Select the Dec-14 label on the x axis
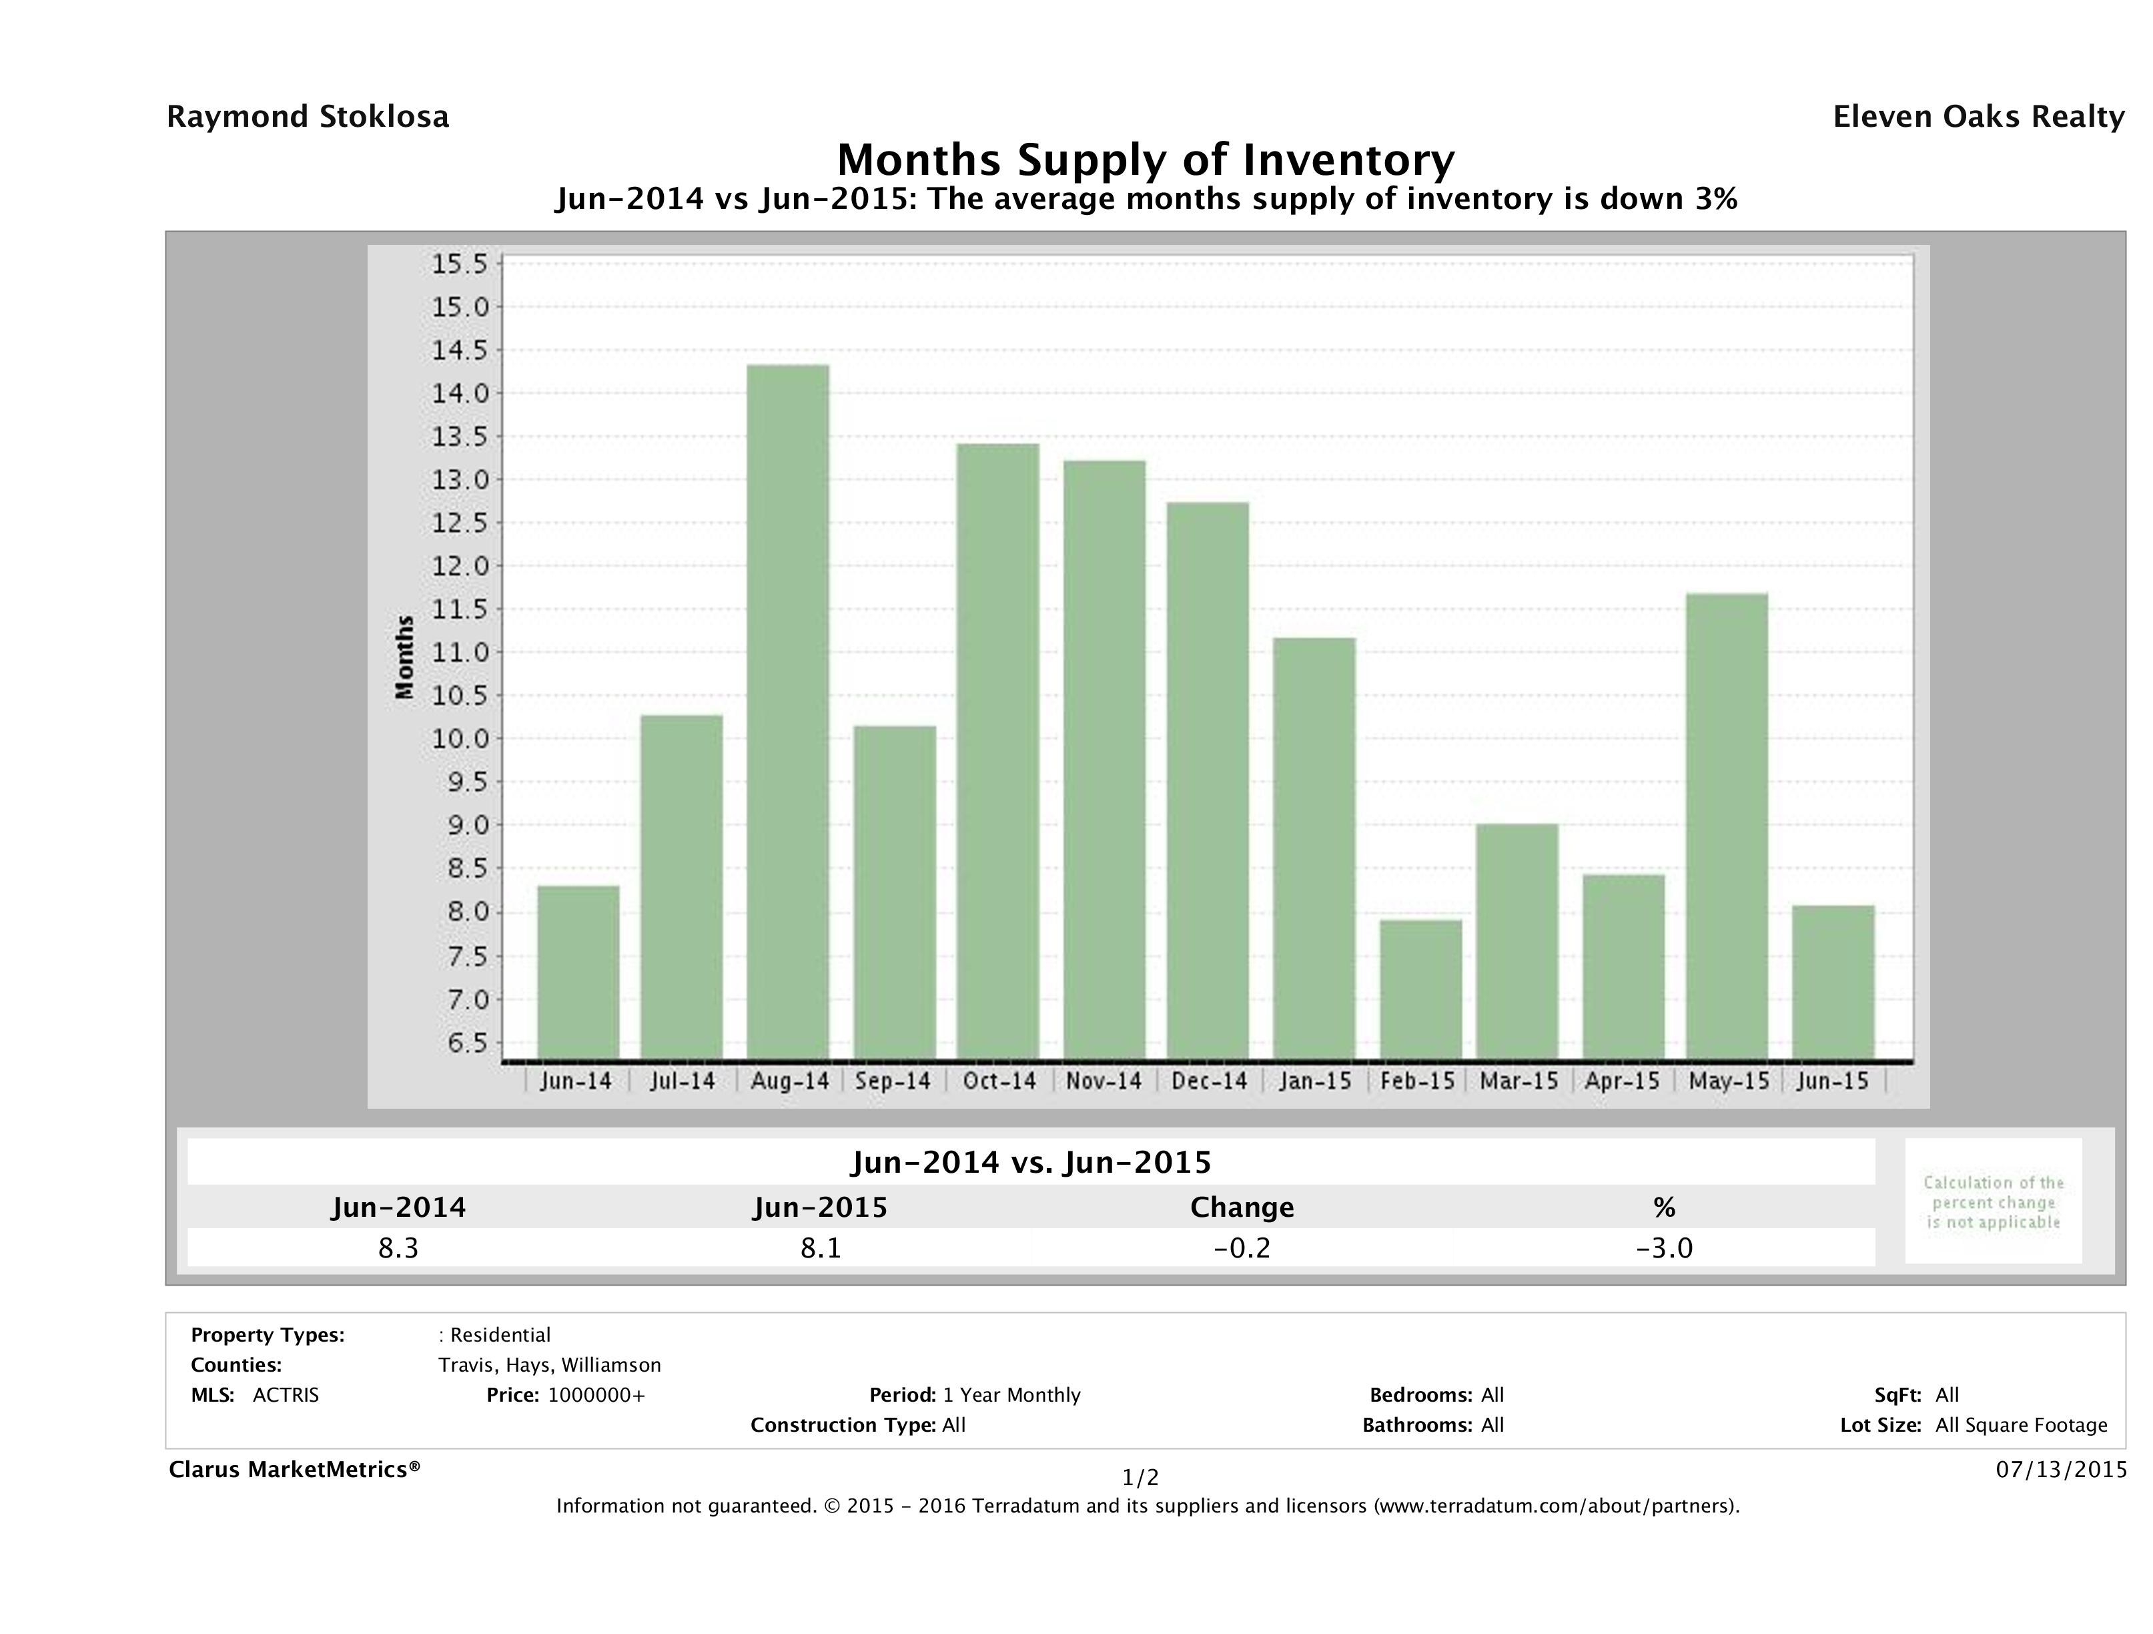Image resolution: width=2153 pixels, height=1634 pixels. point(1209,1081)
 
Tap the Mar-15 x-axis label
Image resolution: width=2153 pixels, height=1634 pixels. point(1519,1081)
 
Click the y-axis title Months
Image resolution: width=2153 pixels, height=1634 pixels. point(405,657)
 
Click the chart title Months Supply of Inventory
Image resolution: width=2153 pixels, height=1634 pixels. point(1146,160)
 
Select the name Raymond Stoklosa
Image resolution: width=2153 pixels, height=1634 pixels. point(308,117)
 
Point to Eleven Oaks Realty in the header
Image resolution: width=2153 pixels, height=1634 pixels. point(1978,117)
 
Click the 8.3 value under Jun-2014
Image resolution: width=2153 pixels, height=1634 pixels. point(398,1248)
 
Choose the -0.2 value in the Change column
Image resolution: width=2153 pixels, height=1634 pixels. point(1242,1248)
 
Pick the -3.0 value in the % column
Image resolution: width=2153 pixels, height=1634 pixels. point(1665,1248)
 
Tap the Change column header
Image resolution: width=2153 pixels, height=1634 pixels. point(1242,1207)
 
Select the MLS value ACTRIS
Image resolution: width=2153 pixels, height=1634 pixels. point(285,1394)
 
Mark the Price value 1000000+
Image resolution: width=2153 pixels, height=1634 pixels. point(596,1394)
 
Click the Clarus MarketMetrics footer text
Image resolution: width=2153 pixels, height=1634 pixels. point(294,1469)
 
